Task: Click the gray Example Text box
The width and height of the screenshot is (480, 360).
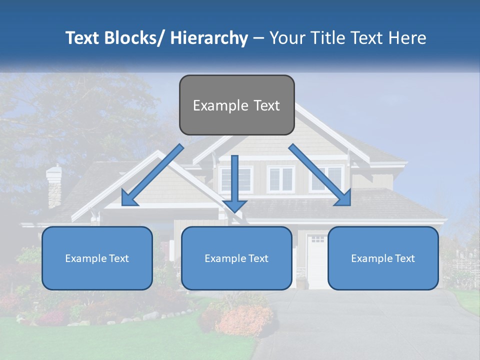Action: pyautogui.click(x=236, y=105)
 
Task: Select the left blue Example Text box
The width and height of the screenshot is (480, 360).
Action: pyautogui.click(x=97, y=258)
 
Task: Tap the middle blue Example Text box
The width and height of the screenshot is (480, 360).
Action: pyautogui.click(x=236, y=258)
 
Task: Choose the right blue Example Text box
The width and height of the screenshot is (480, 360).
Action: pyautogui.click(x=383, y=258)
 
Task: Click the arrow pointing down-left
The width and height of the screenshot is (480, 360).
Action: pyautogui.click(x=152, y=175)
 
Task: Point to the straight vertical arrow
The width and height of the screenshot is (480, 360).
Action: pyautogui.click(x=234, y=182)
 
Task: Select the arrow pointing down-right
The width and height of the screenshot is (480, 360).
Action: pyautogui.click(x=320, y=175)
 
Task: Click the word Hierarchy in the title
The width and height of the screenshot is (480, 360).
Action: pyautogui.click(x=209, y=38)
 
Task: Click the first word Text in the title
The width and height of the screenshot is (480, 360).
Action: pyautogui.click(x=83, y=38)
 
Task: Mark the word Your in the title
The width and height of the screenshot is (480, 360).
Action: pyautogui.click(x=287, y=38)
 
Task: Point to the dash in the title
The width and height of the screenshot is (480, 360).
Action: pyautogui.click(x=258, y=38)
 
